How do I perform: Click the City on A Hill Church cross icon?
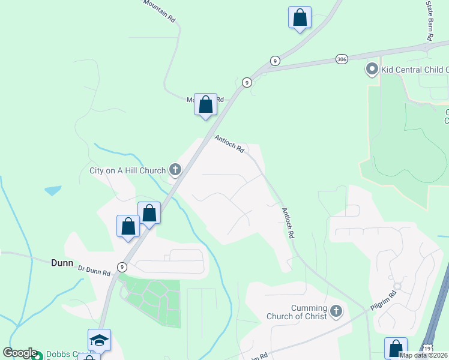175,170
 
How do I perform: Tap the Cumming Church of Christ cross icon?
336,311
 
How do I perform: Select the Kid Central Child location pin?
372,70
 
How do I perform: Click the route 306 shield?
342,59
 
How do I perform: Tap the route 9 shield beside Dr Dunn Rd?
122,267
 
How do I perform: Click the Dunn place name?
62,263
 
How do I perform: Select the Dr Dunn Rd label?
94,271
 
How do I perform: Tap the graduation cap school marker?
99,340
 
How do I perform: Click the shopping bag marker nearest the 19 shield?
396,348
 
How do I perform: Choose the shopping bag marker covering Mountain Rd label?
206,104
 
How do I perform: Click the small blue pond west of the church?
53,191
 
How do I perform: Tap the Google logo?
20,353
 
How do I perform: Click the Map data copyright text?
423,355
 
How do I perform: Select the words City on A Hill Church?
127,171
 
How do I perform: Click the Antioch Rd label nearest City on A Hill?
230,144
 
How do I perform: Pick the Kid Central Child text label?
415,70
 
